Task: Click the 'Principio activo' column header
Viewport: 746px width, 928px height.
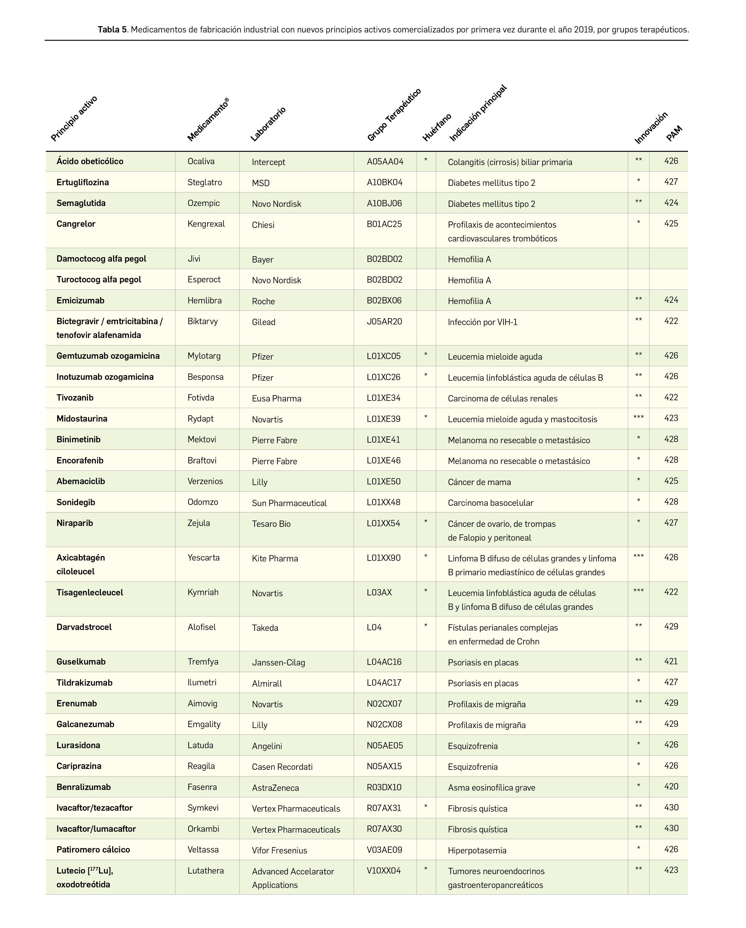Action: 74,119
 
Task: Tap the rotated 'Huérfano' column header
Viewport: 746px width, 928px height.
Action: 437,128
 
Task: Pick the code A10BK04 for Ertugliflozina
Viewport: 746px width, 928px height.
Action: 384,182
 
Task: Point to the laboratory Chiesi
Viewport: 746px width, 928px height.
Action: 263,225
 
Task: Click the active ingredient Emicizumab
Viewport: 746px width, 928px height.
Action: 81,300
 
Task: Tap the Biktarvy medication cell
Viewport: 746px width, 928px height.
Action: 202,321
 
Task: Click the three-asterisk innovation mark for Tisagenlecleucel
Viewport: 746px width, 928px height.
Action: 638,591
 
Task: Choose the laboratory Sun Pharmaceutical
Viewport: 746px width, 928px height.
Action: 289,503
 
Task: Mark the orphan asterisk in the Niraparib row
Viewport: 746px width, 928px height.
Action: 426,522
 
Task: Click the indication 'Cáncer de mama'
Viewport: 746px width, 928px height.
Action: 479,482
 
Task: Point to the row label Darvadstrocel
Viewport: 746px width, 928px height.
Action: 84,627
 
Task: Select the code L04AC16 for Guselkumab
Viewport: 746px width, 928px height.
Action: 384,662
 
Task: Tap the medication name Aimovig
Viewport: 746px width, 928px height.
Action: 202,703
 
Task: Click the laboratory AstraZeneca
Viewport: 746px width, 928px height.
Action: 275,788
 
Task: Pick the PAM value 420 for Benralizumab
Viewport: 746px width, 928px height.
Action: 671,786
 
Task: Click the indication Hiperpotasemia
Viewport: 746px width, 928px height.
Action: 477,850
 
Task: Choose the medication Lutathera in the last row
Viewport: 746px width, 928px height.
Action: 205,870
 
